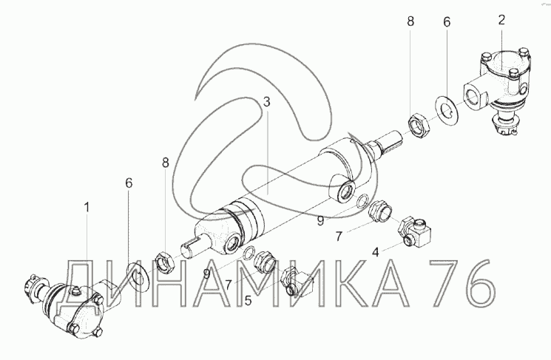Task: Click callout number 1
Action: pos(87,208)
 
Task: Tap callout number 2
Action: pos(501,20)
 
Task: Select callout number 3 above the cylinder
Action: pos(267,102)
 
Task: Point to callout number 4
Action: pos(376,252)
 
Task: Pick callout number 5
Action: pos(248,301)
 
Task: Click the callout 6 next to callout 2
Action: pos(446,21)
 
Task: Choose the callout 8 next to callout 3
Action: pos(165,163)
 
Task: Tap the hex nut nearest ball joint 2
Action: pos(419,125)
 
